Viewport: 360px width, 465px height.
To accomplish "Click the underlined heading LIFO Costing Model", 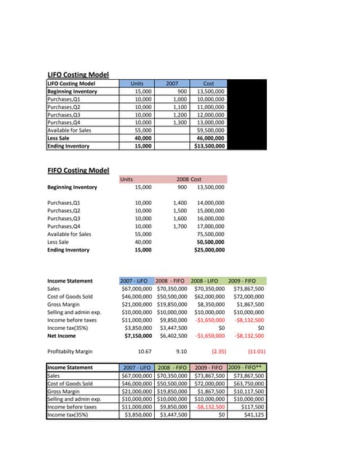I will point(78,75).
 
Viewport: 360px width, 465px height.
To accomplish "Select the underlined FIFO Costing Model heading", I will point(78,171).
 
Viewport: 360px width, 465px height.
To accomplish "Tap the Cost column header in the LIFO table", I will point(208,84).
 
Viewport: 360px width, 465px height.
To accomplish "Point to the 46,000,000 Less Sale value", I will point(212,138).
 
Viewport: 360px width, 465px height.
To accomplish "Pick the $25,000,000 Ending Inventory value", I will point(209,250).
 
